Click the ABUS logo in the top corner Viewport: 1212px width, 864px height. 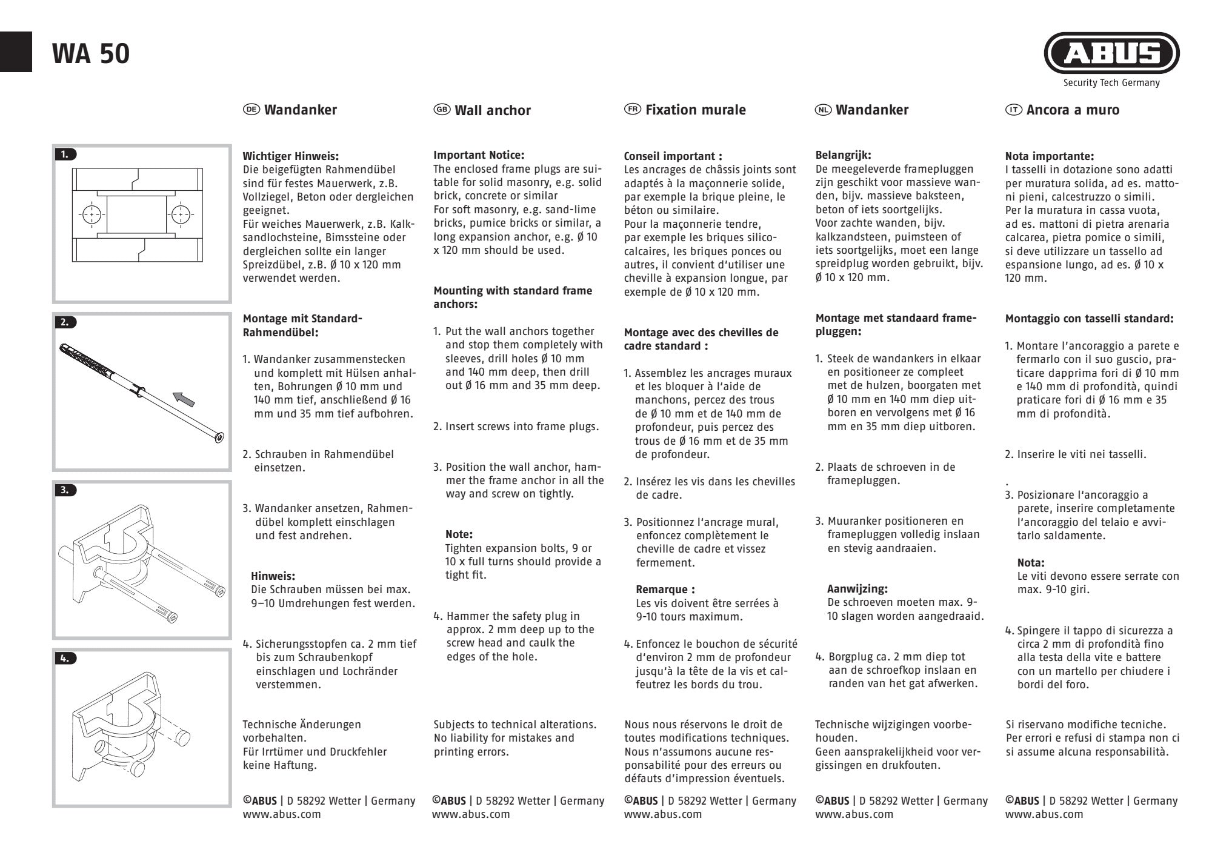(x=1111, y=54)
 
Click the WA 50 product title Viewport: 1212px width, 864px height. (x=91, y=54)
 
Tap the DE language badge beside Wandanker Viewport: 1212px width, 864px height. (x=251, y=109)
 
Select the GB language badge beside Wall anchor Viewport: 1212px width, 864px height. (x=442, y=109)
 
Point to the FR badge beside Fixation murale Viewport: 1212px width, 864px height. (x=633, y=109)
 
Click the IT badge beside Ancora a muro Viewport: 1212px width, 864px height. (x=1013, y=109)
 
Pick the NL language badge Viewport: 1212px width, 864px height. (x=823, y=109)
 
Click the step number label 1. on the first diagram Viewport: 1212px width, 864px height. (x=65, y=155)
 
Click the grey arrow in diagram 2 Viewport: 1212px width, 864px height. (x=185, y=399)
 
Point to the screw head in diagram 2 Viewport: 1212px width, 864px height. (x=219, y=437)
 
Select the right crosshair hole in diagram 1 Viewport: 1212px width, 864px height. (x=179, y=214)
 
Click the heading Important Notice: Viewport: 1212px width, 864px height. (x=479, y=155)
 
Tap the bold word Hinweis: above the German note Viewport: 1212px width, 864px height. (x=273, y=576)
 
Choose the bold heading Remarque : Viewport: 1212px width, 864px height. (x=665, y=590)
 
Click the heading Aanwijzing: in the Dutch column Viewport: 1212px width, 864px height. (x=857, y=589)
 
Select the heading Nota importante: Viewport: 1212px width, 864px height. (x=1049, y=156)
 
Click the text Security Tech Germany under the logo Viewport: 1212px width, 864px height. (x=1111, y=83)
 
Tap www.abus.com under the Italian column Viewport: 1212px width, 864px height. (x=1044, y=814)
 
